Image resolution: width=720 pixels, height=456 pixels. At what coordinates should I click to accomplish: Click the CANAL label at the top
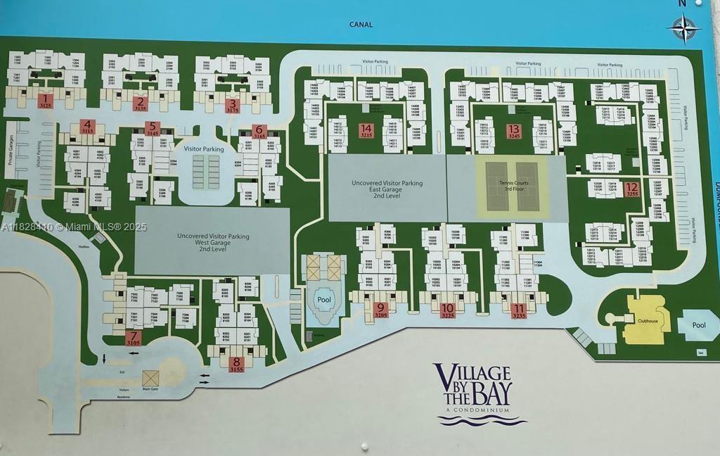361,25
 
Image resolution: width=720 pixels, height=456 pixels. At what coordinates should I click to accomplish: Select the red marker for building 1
46,101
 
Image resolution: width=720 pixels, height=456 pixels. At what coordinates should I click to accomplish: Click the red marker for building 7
134,338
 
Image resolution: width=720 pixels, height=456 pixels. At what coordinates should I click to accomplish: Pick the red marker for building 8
236,364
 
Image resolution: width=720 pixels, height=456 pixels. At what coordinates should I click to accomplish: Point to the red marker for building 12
631,189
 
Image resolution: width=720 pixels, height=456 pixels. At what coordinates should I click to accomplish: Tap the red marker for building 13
514,131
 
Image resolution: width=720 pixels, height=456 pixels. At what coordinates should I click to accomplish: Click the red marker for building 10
447,310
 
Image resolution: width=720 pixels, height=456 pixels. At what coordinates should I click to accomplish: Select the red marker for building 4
88,127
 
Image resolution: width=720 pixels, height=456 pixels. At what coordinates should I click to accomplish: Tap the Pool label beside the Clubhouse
698,325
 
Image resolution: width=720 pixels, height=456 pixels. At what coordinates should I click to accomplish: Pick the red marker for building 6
259,131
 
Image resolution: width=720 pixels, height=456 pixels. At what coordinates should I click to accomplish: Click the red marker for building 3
233,105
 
